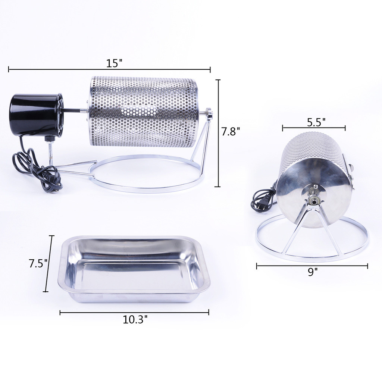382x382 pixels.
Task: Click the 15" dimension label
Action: coord(114,63)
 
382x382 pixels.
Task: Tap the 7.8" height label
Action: coord(231,132)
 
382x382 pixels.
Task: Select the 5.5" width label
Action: coord(316,122)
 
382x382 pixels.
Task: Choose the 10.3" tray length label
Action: coord(135,319)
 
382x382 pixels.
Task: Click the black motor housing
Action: coord(36,115)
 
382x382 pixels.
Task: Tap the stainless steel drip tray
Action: coord(134,269)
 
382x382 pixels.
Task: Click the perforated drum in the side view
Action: coord(144,112)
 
